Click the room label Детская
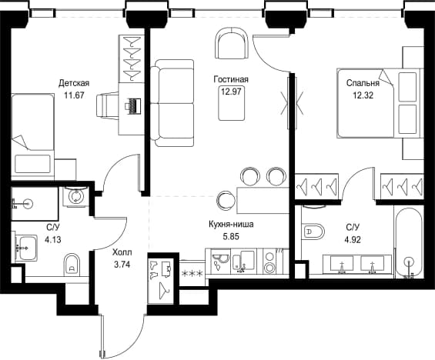coord(74,83)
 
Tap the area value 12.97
coord(231,92)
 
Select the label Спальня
coord(363,83)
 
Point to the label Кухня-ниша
coord(231,224)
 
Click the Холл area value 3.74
coord(122,265)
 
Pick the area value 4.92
coord(353,239)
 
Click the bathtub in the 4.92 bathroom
coord(409,242)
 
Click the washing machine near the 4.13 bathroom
coord(75,196)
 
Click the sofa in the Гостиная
coord(172,103)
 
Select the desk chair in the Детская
coord(107,107)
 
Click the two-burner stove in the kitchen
coord(269,261)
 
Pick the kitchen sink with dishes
coord(220,261)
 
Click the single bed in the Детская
coord(32,137)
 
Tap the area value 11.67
coord(74,95)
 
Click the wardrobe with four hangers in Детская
coord(131,58)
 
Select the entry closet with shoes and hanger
coord(161,281)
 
